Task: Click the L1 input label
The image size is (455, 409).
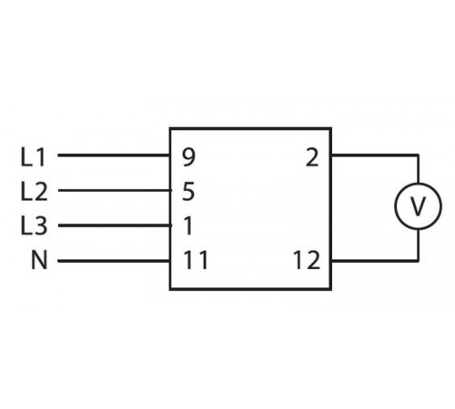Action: (x=32, y=156)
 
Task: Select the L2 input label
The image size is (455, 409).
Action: (x=32, y=192)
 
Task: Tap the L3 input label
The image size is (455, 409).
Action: (x=32, y=226)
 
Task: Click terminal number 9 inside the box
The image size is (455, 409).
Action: (x=188, y=157)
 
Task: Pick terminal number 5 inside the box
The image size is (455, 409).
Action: (x=188, y=192)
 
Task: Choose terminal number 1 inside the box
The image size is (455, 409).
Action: (x=188, y=226)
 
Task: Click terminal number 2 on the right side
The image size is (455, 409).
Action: (x=312, y=157)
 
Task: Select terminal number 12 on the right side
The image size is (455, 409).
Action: (x=307, y=261)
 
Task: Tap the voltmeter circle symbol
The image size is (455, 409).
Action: (x=417, y=207)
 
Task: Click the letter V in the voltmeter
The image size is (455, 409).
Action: (x=417, y=208)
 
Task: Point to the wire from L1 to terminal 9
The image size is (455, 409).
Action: (x=114, y=155)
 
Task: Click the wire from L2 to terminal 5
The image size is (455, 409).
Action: (x=114, y=191)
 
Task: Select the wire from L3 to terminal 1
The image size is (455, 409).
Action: (x=114, y=225)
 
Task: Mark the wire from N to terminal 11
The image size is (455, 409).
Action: (x=114, y=261)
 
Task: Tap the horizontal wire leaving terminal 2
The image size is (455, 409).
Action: (x=373, y=155)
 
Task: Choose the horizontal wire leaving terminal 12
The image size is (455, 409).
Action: (x=373, y=261)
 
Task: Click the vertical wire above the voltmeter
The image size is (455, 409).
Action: (x=417, y=170)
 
